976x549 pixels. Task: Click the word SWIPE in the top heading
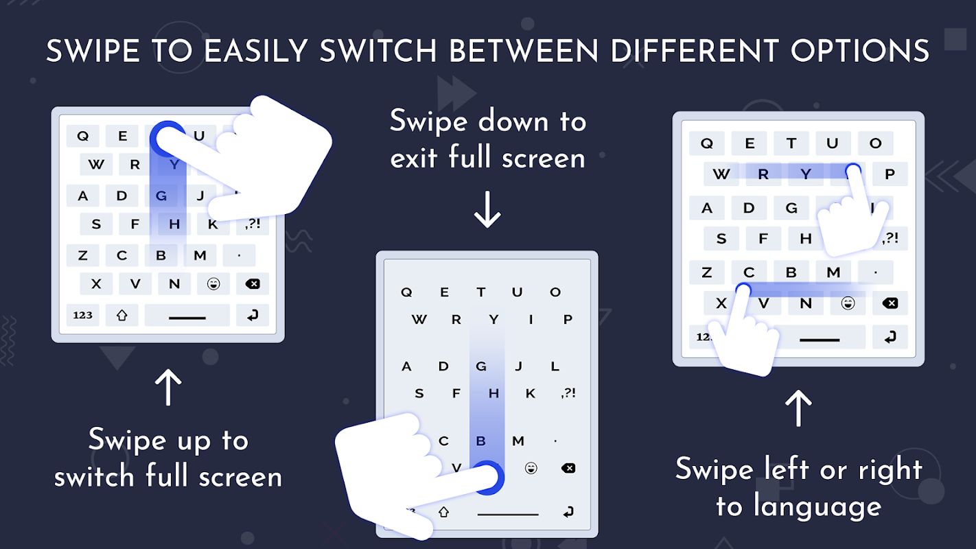click(x=93, y=51)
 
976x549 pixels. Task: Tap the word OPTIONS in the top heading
click(x=860, y=51)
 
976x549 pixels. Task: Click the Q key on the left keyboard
click(x=83, y=136)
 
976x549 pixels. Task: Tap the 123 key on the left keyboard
click(x=83, y=315)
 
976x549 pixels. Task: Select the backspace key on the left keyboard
click(x=253, y=284)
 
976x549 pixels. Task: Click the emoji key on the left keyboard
click(x=213, y=284)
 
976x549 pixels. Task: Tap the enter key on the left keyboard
click(x=253, y=315)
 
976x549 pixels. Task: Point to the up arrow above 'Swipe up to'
click(x=168, y=387)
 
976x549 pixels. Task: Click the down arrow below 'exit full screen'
click(x=487, y=209)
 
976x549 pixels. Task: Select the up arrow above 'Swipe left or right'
click(x=798, y=408)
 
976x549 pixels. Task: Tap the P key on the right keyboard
click(x=890, y=174)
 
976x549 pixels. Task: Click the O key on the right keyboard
click(x=875, y=143)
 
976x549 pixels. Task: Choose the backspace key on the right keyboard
click(x=890, y=303)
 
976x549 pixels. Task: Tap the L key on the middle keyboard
click(x=555, y=366)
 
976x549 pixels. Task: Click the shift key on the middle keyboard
click(x=443, y=512)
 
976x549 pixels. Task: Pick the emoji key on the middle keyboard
click(x=531, y=469)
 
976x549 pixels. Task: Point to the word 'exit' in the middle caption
click(x=413, y=157)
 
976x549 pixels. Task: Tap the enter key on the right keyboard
click(x=890, y=337)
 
